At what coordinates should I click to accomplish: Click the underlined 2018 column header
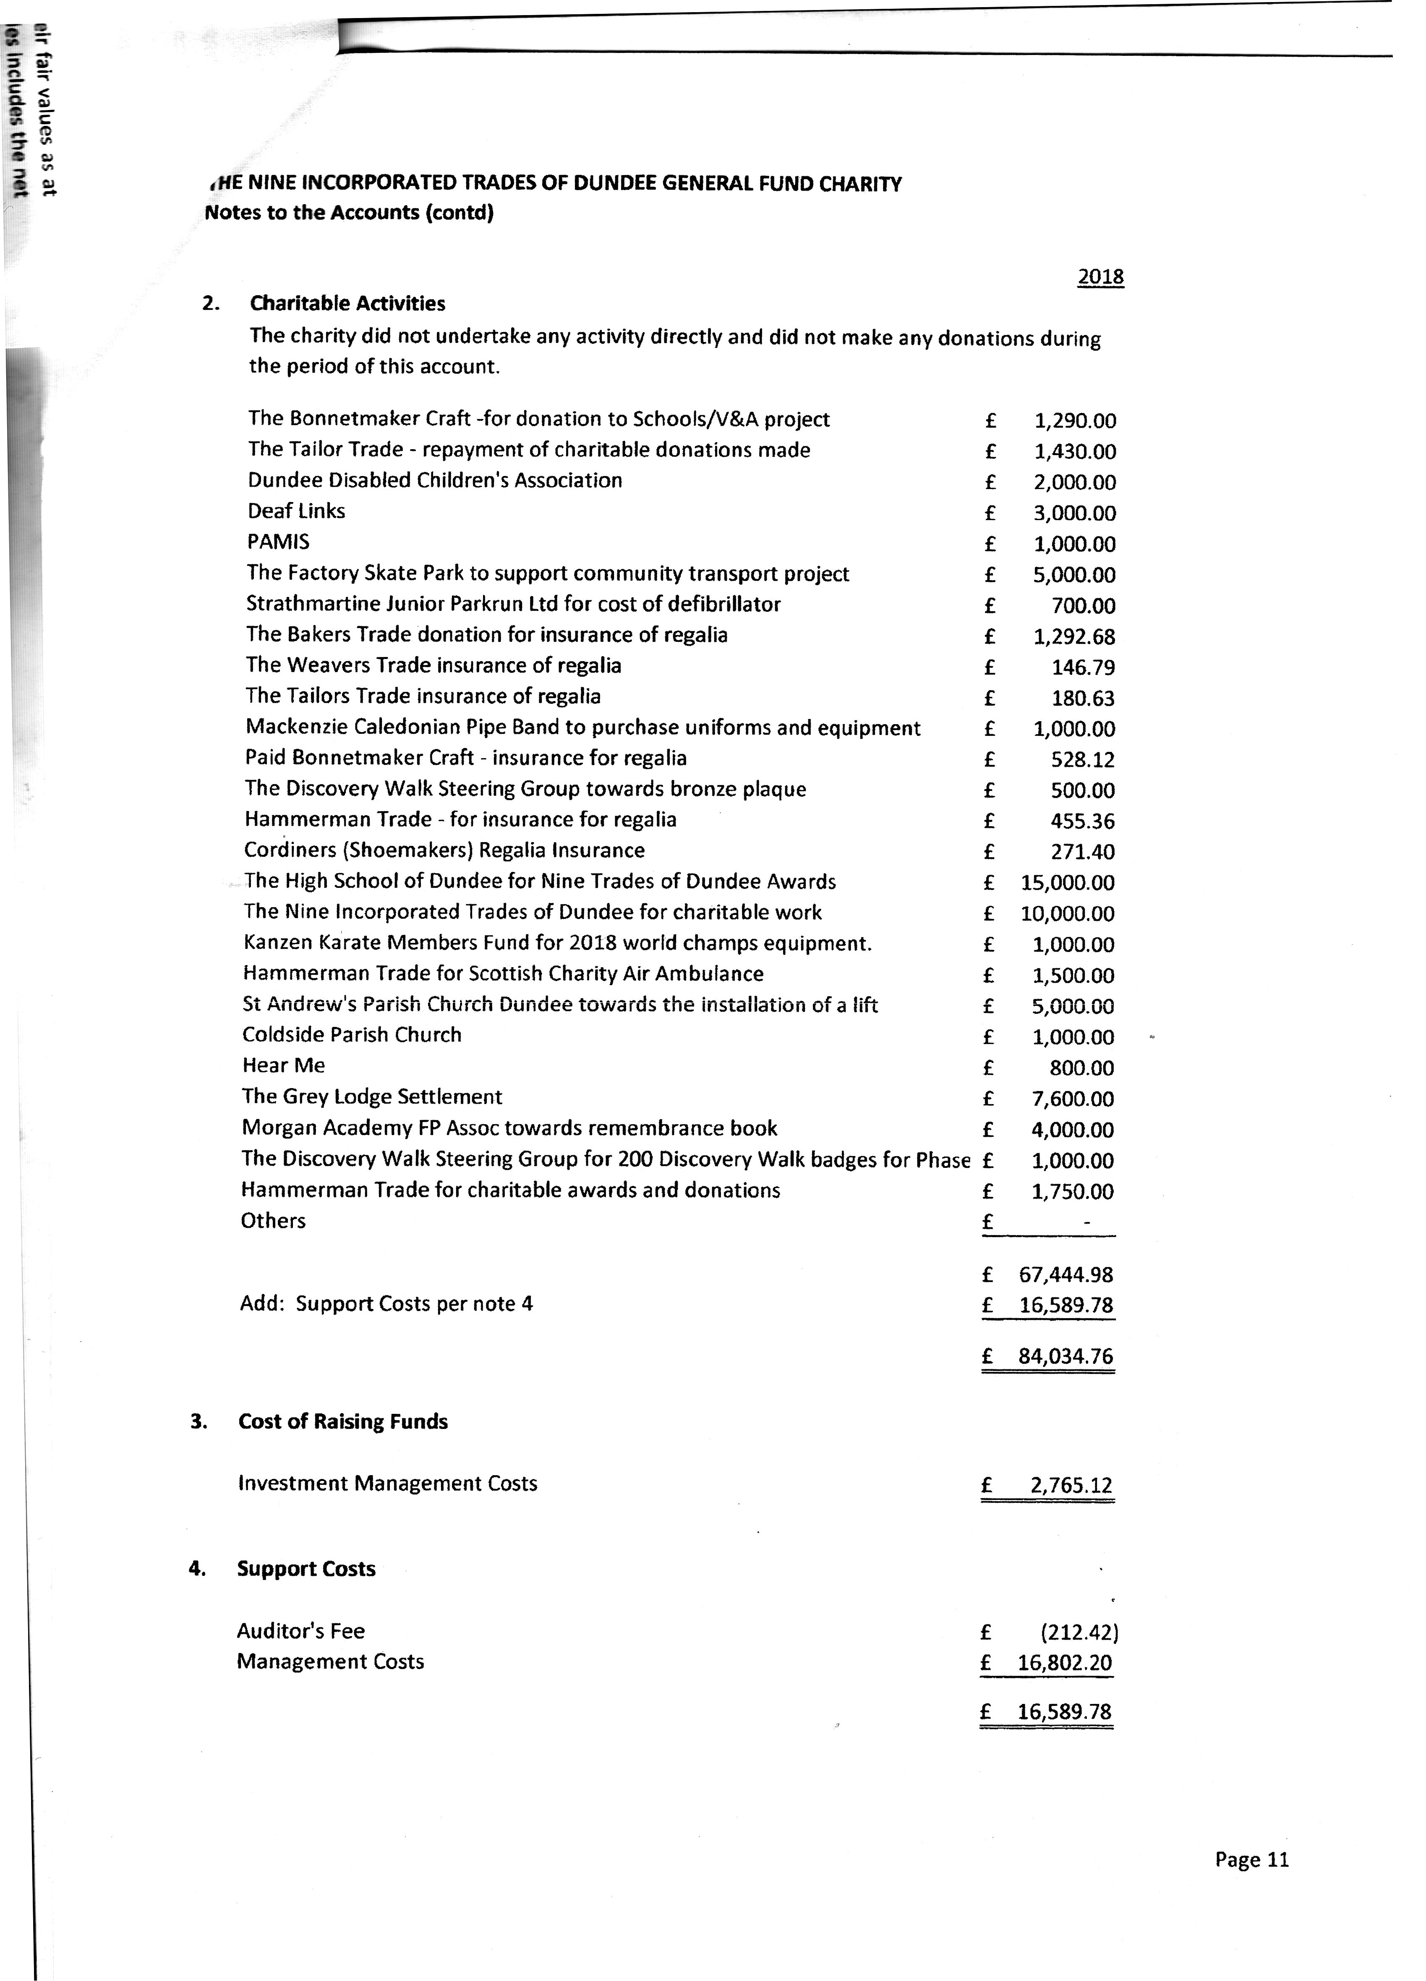coord(1100,277)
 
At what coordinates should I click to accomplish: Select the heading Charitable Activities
coord(347,303)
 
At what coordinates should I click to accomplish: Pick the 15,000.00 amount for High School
coord(1067,883)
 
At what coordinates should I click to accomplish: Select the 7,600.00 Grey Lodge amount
coord(1072,1099)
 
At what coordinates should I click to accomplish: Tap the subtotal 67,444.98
coord(1066,1275)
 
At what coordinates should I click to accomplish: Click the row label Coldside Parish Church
coord(352,1035)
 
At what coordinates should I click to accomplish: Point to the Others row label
coord(273,1221)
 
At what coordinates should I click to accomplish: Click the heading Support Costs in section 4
coord(306,1569)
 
